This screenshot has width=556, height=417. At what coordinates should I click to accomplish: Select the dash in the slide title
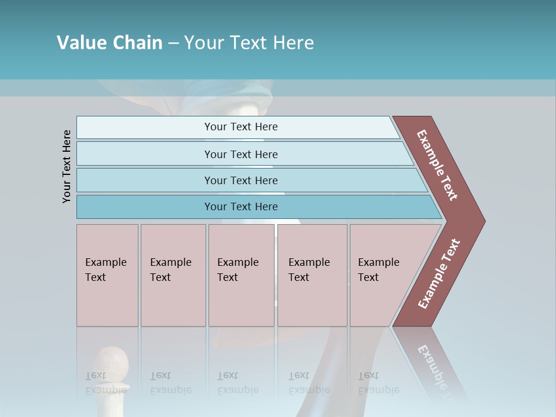(x=173, y=43)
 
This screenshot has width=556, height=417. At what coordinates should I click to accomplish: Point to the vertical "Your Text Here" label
(x=67, y=167)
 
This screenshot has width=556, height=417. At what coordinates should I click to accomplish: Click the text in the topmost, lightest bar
(x=241, y=127)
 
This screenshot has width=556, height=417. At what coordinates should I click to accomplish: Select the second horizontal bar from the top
(x=241, y=154)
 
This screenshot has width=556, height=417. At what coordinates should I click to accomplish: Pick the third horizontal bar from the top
(x=241, y=180)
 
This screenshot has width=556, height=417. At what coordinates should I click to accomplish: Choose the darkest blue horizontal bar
(x=241, y=207)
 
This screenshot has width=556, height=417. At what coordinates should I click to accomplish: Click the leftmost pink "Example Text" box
(x=107, y=275)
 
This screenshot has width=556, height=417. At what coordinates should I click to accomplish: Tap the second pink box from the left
(x=173, y=275)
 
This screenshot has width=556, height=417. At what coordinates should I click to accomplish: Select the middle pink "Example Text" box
(x=241, y=275)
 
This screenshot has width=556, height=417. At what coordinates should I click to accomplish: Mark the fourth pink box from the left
(x=312, y=275)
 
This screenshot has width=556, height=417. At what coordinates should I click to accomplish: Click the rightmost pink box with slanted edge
(x=382, y=275)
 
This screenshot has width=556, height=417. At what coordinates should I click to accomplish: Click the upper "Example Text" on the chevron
(x=437, y=165)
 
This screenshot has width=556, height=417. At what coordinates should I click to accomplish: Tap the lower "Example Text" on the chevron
(x=438, y=274)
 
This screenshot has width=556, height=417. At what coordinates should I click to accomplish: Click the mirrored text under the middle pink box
(x=237, y=383)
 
